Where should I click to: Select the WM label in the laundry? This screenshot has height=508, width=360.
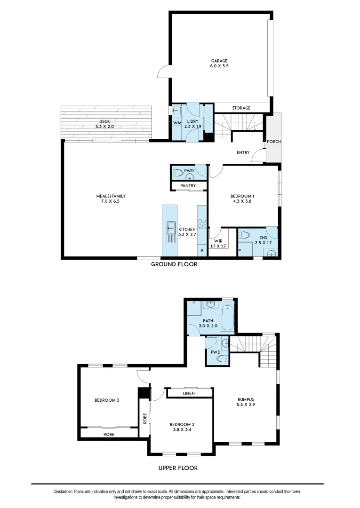[x=177, y=123]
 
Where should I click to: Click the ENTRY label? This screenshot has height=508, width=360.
[x=243, y=152]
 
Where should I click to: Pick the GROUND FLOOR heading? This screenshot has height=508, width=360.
[x=174, y=264]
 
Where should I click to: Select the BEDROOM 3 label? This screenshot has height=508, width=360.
[x=107, y=400]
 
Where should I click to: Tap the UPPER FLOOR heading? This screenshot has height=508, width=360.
[x=177, y=468]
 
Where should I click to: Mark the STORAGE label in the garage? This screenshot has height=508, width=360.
[x=241, y=108]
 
